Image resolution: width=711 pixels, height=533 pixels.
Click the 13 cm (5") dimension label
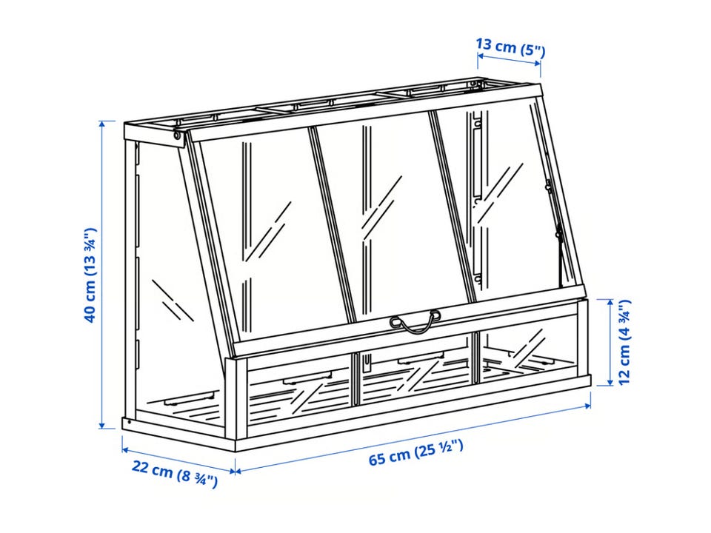[510, 47]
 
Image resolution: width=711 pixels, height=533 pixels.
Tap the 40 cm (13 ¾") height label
[90, 275]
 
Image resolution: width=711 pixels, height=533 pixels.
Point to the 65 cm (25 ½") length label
[415, 453]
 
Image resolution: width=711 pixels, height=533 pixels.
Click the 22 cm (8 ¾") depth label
[175, 472]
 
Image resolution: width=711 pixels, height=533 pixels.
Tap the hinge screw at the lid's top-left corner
[177, 135]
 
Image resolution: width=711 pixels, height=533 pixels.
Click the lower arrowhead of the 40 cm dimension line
[104, 425]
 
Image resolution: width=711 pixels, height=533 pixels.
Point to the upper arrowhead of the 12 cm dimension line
[611, 302]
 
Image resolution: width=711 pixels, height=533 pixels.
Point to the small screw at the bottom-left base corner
[130, 423]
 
